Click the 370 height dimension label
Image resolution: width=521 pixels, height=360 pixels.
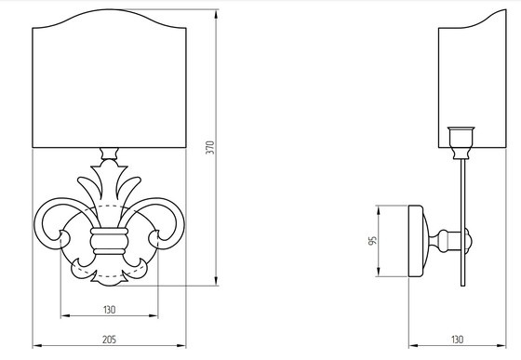tap(210, 148)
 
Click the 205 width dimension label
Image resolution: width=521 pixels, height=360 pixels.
tap(109, 340)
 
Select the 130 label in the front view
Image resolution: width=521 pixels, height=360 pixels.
tap(110, 310)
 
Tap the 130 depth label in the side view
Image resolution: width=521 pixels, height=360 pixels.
tap(457, 340)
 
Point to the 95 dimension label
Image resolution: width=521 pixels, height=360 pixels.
tap(372, 241)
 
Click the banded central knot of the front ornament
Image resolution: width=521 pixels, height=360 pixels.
tap(110, 241)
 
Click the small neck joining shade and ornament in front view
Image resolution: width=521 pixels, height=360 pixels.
tap(110, 153)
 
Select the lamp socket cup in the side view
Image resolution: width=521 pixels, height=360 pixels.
tap(461, 138)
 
